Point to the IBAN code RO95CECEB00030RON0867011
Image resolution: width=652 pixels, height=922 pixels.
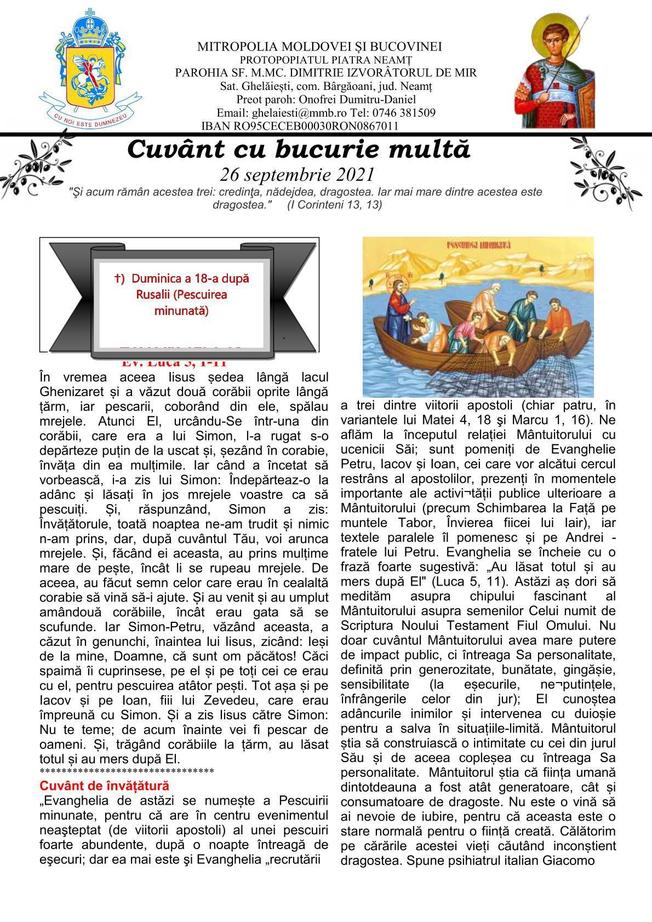coord(317,126)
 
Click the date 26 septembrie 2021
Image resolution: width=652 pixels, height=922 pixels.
coord(297,174)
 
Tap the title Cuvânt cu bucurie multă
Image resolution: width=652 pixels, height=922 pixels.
coord(299,149)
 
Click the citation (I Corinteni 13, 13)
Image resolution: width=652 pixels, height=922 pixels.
coord(335,204)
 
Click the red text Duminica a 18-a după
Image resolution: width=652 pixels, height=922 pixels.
coord(181,278)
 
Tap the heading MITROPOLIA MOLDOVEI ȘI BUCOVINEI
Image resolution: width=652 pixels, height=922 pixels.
coord(319,47)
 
